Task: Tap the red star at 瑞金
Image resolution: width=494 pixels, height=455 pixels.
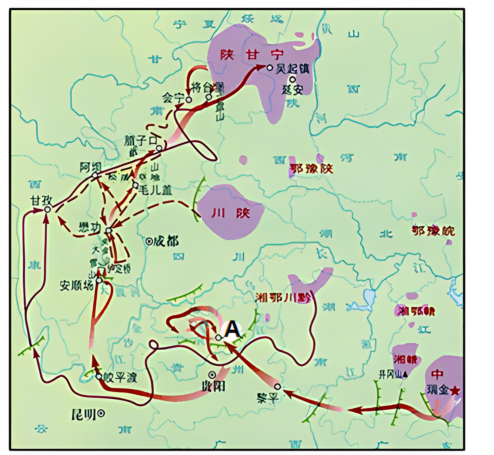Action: click(x=455, y=391)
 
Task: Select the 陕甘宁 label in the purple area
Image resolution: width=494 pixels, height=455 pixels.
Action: click(x=252, y=55)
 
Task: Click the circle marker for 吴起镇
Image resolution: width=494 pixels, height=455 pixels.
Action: click(x=270, y=68)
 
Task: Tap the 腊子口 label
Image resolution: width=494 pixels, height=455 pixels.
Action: click(x=140, y=140)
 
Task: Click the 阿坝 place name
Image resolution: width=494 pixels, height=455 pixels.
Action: click(x=91, y=168)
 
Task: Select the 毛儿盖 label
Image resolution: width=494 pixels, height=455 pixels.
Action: click(x=155, y=191)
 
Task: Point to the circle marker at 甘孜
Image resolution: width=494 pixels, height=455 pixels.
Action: click(x=47, y=209)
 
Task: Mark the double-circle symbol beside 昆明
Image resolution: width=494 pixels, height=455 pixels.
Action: click(x=101, y=413)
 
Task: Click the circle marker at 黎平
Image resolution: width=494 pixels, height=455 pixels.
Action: click(x=277, y=387)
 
